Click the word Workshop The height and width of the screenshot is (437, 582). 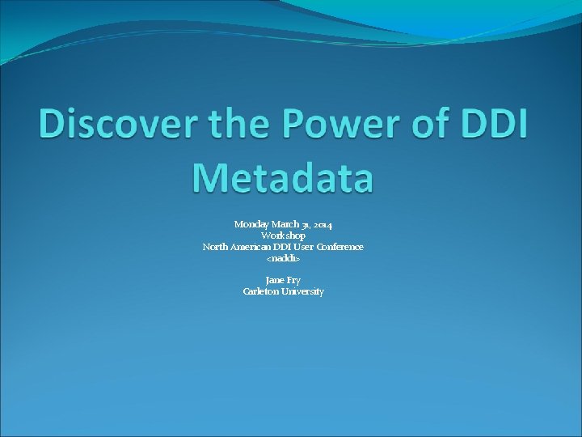click(x=283, y=235)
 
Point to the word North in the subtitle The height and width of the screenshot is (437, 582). click(x=214, y=246)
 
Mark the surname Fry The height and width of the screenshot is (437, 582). click(x=293, y=280)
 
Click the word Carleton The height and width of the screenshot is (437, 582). click(x=260, y=291)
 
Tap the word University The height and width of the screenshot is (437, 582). click(x=302, y=291)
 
